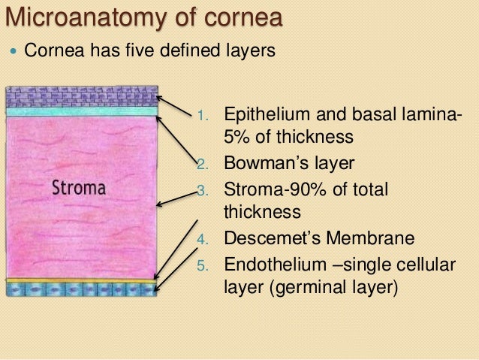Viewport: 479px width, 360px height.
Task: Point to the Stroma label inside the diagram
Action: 78,186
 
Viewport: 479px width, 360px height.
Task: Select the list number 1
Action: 201,116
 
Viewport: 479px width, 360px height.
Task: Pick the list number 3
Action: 201,190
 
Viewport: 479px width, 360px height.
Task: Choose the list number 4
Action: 201,241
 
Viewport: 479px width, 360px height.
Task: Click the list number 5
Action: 201,265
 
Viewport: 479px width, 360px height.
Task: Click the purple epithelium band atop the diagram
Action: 82,96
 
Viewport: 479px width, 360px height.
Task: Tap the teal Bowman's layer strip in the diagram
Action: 82,112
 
